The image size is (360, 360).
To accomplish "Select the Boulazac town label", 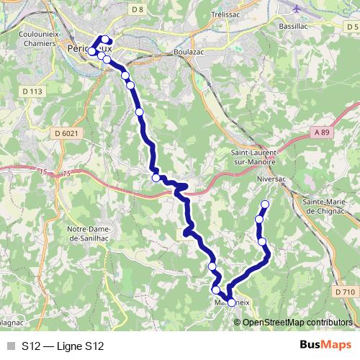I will click(x=190, y=53).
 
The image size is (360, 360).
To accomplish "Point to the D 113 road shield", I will click(x=33, y=91).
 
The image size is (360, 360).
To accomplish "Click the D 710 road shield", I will click(x=345, y=292).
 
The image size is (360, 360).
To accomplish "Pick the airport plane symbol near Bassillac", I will click(x=297, y=8).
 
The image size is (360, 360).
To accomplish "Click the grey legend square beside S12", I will click(x=10, y=346).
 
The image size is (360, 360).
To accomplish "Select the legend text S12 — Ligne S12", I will click(x=63, y=346).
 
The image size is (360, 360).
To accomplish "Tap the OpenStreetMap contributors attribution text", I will click(x=298, y=322).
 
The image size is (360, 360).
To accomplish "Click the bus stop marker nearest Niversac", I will click(x=265, y=204).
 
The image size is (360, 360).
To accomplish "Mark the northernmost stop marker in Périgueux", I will click(x=106, y=40).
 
